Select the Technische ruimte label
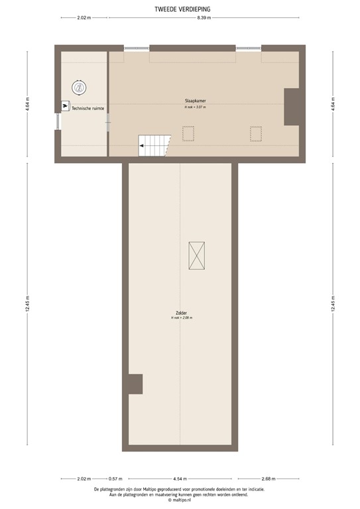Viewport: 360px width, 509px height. [88, 107]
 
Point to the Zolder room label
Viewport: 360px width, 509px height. [181, 313]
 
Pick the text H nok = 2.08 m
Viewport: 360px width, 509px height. [181, 318]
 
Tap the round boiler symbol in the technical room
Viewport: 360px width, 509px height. [80, 86]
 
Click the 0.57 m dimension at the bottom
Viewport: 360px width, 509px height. [116, 479]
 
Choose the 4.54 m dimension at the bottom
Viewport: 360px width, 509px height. [180, 479]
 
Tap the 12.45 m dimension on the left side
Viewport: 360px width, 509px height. [28, 306]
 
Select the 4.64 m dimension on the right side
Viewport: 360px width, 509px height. [332, 104]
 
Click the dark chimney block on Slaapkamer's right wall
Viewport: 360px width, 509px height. [292, 107]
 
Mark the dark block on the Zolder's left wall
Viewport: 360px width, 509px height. [135, 384]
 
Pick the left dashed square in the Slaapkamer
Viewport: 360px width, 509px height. [188, 134]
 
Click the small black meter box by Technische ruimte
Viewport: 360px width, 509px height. [65, 106]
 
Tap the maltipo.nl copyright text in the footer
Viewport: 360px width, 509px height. [180, 500]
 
